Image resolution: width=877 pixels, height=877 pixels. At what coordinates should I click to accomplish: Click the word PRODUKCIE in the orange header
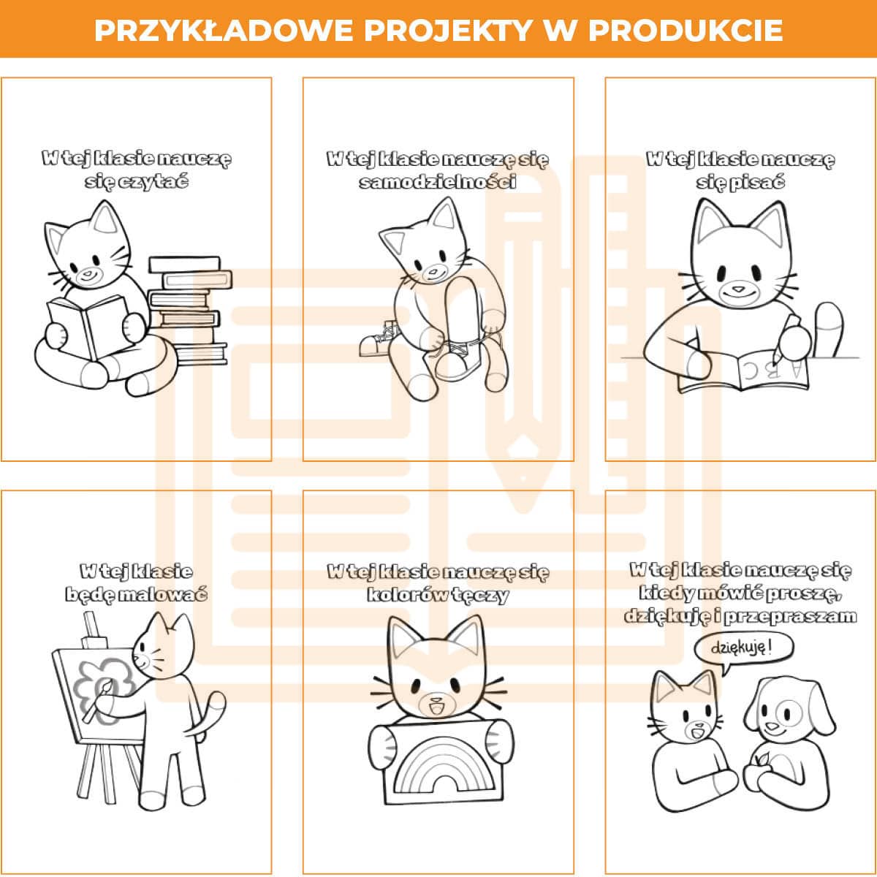686,31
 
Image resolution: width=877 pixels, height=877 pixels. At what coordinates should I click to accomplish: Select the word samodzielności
437,182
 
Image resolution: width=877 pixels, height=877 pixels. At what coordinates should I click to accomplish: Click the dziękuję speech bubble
743,648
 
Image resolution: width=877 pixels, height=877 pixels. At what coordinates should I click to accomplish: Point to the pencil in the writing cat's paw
782,336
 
